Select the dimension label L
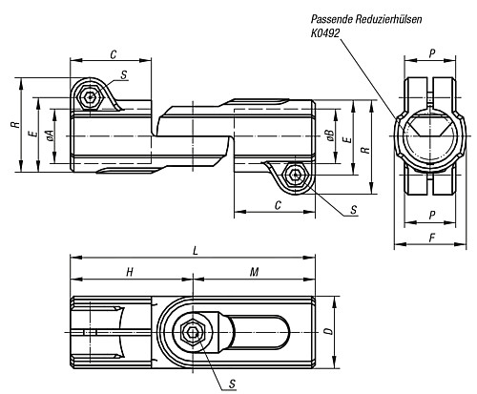pos(196,251)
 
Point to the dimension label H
pos(130,272)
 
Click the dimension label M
pos(254,272)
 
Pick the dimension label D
pos(330,331)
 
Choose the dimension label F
pos(432,238)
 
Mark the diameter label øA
pos(50,135)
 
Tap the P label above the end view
pos(432,53)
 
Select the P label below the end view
pos(432,216)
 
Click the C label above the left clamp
pos(114,54)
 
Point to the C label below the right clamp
pos(278,205)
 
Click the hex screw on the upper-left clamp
pos(91,97)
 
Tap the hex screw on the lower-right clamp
pos(296,174)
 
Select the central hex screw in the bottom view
pos(192,332)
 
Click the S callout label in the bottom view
pos(233,384)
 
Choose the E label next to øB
pos(349,139)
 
